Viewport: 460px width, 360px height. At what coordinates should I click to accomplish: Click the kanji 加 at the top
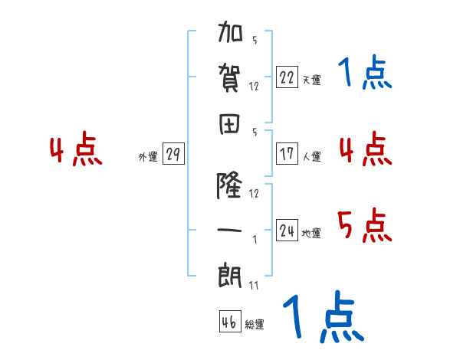tap(230, 31)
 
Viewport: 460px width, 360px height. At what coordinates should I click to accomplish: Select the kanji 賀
tap(229, 78)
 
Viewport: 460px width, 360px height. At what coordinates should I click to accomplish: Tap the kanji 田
tap(229, 124)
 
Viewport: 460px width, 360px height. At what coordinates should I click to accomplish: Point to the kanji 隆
tap(229, 185)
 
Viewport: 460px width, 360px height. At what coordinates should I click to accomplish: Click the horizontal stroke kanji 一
tap(229, 230)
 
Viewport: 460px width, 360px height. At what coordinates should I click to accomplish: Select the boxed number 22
tap(287, 77)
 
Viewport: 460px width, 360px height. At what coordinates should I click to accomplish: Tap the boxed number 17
tap(287, 153)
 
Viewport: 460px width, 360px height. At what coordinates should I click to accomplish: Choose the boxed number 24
tap(287, 230)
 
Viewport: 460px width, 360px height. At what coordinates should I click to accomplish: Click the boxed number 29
tap(173, 153)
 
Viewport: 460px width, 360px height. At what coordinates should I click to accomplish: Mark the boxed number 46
tap(230, 321)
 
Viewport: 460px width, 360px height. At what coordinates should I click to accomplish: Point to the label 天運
tap(312, 80)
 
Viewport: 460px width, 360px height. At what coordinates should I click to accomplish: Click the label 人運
tap(312, 156)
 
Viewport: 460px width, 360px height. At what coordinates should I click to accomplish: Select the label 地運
tap(311, 233)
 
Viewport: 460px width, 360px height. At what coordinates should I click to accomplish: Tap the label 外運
tap(148, 156)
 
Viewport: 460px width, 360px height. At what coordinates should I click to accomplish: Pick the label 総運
tap(255, 324)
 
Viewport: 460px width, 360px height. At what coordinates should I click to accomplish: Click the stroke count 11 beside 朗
tap(254, 285)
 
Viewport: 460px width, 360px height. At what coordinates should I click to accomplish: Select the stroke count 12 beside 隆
tap(254, 193)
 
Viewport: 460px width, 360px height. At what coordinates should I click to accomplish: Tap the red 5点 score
tap(365, 225)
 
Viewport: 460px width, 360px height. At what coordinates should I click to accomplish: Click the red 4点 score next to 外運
tap(76, 149)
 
